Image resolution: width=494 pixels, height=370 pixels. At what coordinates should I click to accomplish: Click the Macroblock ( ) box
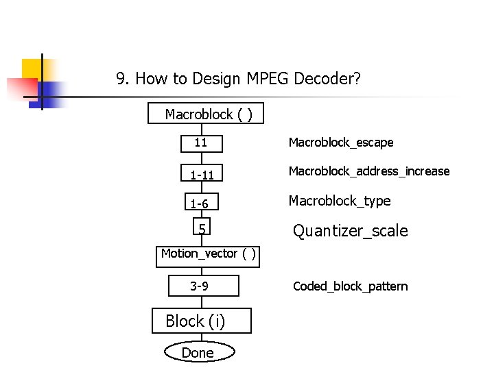point(205,114)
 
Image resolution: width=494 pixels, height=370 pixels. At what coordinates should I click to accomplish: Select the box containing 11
point(201,143)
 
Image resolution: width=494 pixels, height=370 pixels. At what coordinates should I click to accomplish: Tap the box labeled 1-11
point(202,174)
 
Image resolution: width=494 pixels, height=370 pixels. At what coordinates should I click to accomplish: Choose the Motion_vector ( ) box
point(209,254)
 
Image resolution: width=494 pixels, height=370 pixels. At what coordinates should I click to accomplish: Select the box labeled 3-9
point(204,286)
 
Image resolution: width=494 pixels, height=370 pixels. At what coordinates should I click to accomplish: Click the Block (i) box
point(201,321)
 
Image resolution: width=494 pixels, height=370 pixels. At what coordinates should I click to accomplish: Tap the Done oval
point(198,352)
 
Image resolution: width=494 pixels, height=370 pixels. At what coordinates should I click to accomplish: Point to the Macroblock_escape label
point(341,143)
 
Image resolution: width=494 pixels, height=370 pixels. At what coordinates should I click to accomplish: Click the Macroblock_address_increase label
point(369,171)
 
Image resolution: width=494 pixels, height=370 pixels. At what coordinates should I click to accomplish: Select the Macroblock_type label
point(340,201)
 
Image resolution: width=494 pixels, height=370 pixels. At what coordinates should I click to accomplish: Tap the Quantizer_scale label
point(351,231)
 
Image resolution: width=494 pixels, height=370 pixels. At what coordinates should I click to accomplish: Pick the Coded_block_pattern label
point(351,286)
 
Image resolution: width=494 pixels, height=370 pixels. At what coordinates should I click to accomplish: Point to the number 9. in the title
point(123,79)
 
